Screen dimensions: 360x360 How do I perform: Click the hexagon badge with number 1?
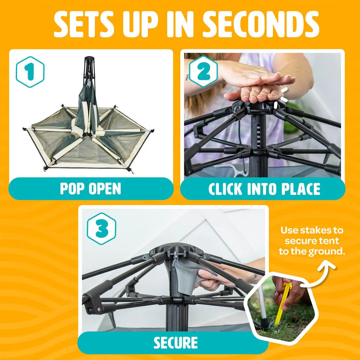coord(30,72)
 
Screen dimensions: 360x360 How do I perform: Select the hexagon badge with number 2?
coord(204,71)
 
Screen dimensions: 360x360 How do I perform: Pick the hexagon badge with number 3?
coord(101,228)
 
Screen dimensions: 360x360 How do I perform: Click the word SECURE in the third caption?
coord(175,343)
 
